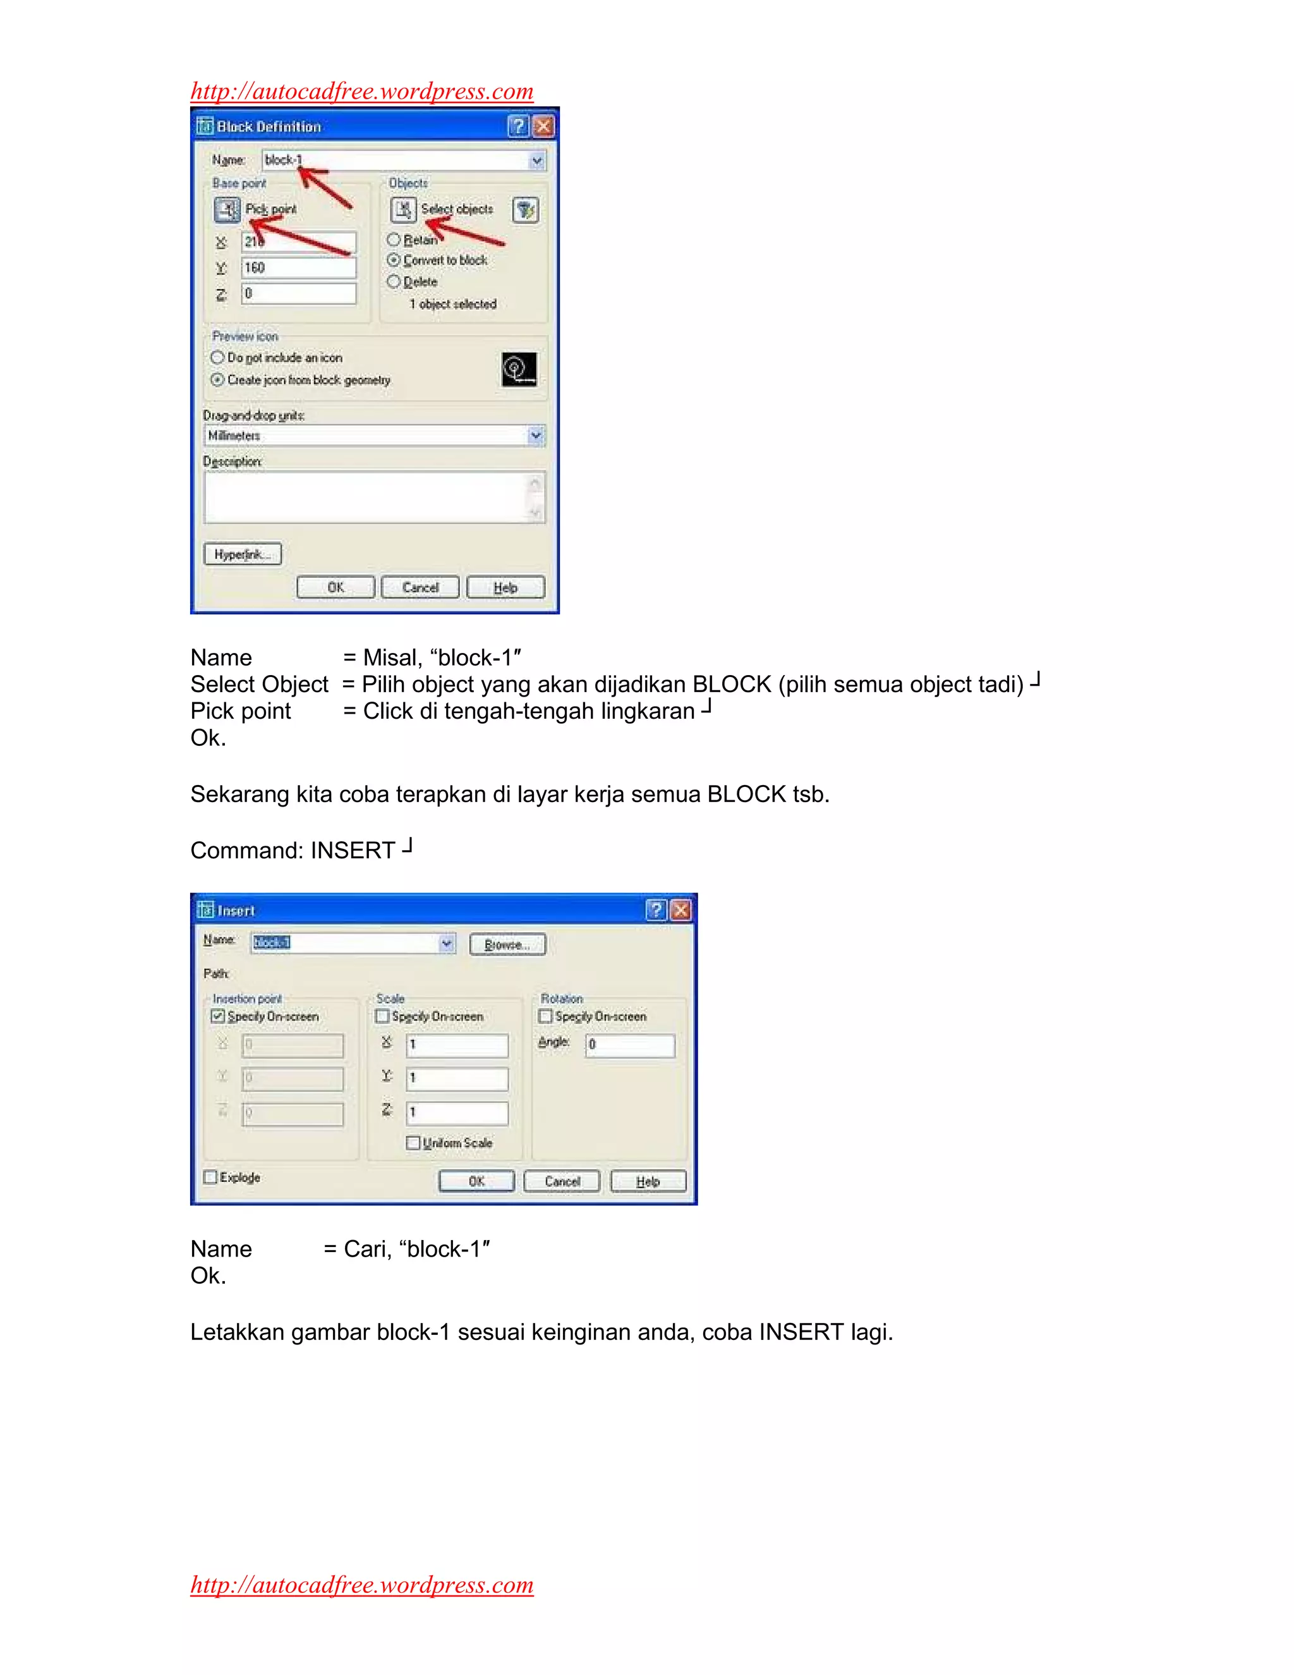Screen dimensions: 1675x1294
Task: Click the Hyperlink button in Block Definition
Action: click(x=242, y=554)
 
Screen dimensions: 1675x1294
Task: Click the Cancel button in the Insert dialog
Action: click(x=562, y=1181)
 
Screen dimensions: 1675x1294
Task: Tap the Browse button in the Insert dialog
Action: click(x=507, y=944)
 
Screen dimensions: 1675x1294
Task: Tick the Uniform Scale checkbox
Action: click(x=413, y=1143)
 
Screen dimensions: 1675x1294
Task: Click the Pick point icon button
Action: click(x=227, y=209)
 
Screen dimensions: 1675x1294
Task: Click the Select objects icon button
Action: click(x=403, y=209)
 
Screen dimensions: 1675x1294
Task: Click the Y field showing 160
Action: click(x=299, y=267)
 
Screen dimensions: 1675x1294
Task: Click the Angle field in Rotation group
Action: click(x=630, y=1045)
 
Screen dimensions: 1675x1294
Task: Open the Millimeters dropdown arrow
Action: click(x=536, y=435)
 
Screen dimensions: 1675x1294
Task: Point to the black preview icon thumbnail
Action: click(x=519, y=370)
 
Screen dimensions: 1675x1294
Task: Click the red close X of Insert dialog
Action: click(x=680, y=910)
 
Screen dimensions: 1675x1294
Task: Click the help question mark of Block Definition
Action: click(x=518, y=126)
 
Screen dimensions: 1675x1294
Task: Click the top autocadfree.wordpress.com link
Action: click(x=362, y=91)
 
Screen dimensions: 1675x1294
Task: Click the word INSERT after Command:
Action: click(x=353, y=851)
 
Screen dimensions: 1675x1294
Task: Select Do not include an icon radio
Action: click(x=218, y=357)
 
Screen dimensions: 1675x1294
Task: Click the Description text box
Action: click(x=366, y=497)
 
